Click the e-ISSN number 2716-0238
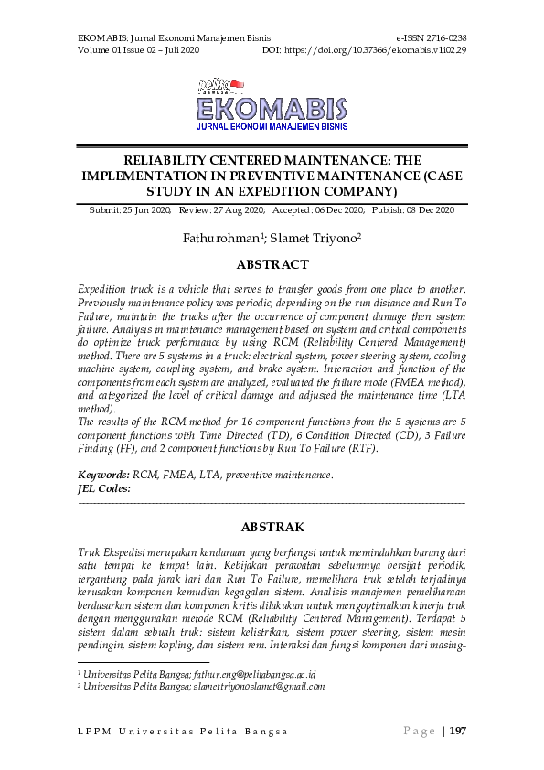[444, 38]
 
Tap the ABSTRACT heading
[272, 265]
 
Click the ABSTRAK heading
[272, 528]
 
